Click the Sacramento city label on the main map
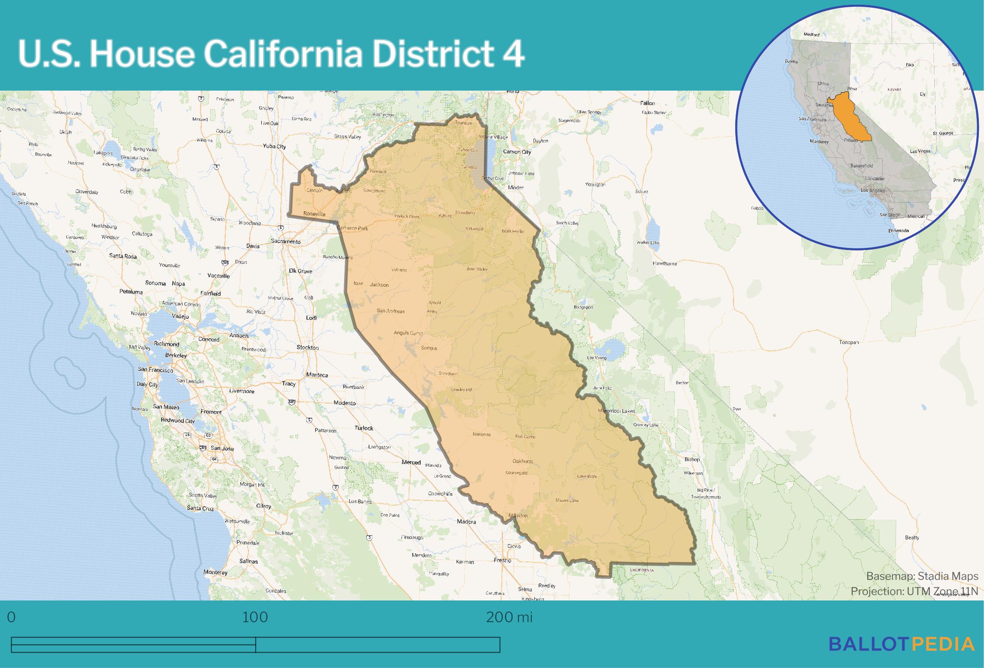coord(286,241)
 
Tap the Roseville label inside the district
coord(314,214)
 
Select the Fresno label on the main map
coord(502,560)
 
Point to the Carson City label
coord(517,152)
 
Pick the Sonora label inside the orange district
coord(429,348)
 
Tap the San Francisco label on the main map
coord(155,369)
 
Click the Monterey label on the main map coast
coord(215,572)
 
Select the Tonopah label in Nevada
coord(848,342)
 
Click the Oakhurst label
coord(522,461)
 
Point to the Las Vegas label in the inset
coord(920,151)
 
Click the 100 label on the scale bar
coord(255,617)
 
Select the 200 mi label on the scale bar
coord(509,617)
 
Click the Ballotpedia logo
coord(902,644)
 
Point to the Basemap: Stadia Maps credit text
coord(922,576)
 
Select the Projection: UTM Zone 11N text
coord(914,591)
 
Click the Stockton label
coord(307,347)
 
